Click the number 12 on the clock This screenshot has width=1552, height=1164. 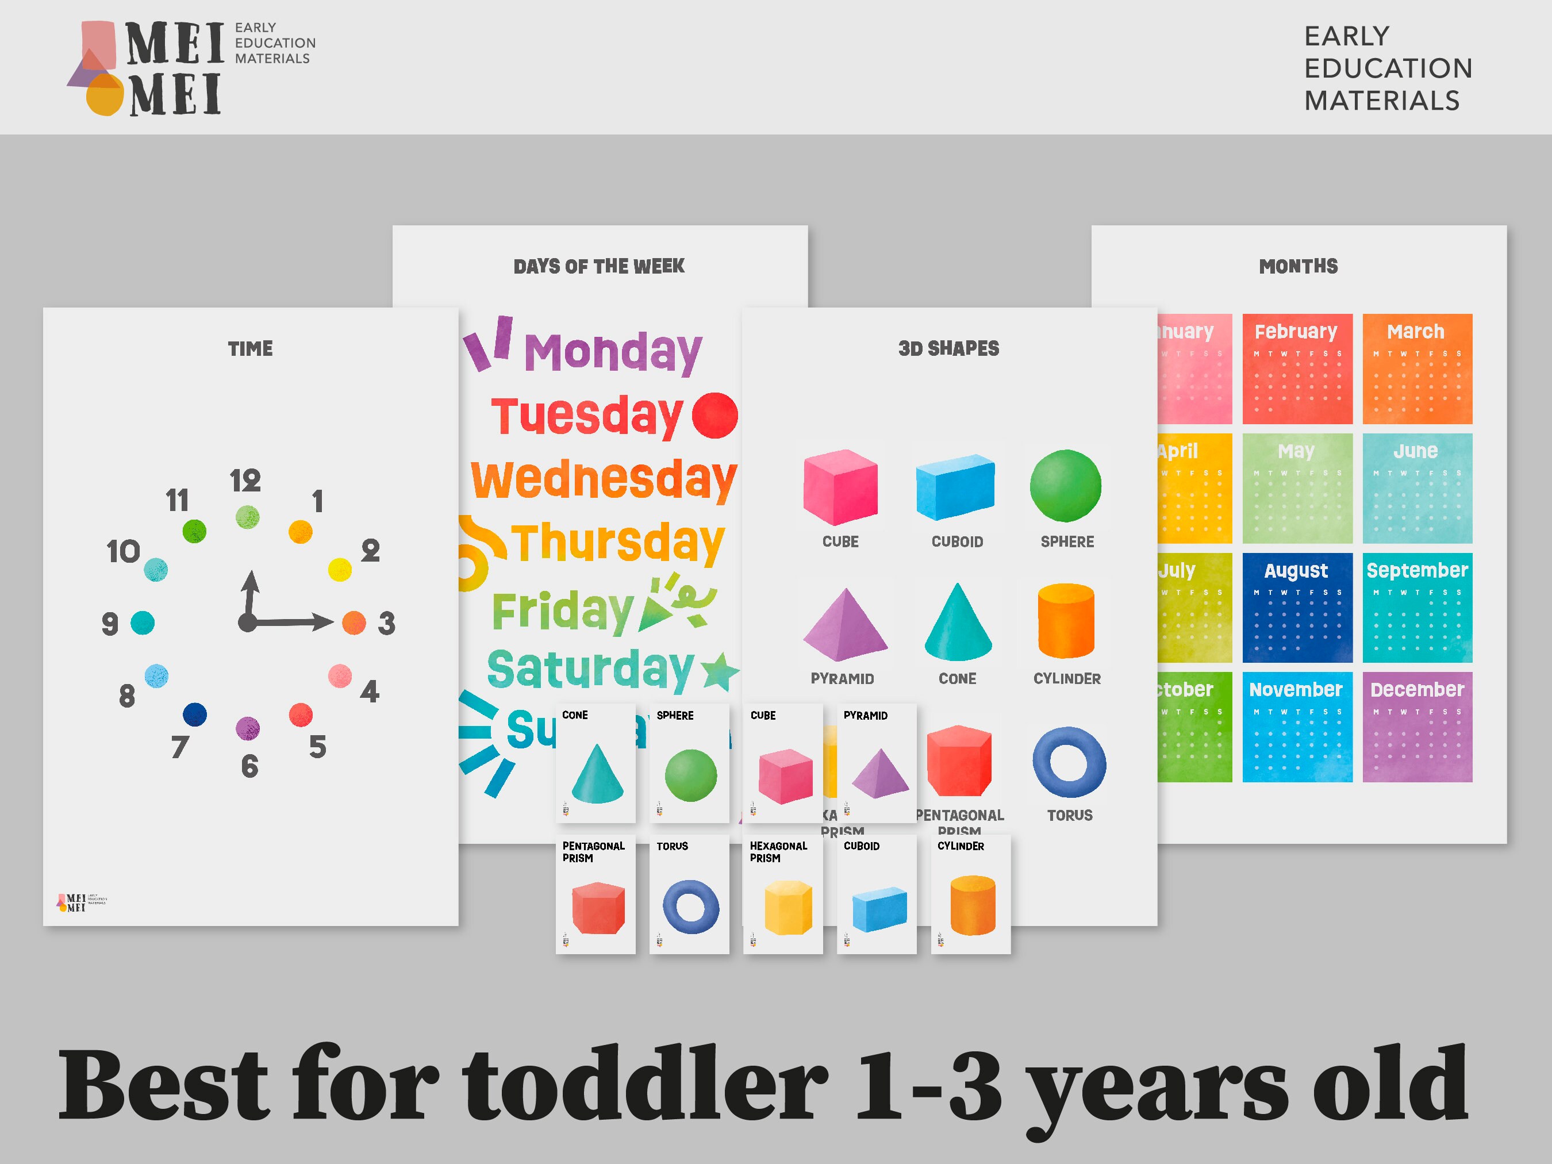[x=245, y=481]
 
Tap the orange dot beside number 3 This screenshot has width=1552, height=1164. [x=354, y=623]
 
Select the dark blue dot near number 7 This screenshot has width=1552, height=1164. [x=194, y=714]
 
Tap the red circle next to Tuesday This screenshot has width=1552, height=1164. [x=714, y=416]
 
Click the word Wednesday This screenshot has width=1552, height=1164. [x=604, y=480]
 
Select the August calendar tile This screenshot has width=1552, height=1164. [x=1297, y=608]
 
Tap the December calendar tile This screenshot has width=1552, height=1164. [x=1416, y=727]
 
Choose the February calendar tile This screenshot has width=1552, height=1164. [x=1297, y=369]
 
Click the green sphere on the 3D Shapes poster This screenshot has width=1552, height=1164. [x=1065, y=486]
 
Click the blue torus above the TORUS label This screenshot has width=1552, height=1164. [x=1069, y=762]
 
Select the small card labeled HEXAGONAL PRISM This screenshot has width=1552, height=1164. [x=782, y=893]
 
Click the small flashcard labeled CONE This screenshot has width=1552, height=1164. [x=595, y=763]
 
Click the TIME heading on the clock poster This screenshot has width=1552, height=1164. [x=250, y=349]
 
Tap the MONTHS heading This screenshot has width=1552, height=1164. [x=1298, y=267]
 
